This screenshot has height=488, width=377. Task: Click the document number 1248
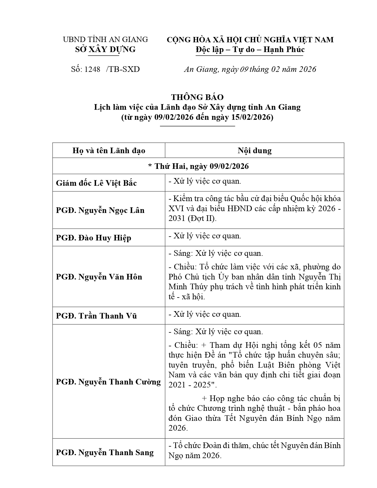tap(92, 69)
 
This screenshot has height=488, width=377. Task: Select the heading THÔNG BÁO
tap(197, 97)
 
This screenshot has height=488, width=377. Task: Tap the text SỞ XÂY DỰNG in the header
tap(105, 49)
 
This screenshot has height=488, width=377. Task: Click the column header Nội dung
tap(254, 151)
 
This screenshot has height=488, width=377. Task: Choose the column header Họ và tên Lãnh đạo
tap(109, 151)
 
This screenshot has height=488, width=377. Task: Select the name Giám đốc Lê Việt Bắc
tap(96, 183)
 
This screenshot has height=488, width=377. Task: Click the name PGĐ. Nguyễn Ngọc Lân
tap(100, 210)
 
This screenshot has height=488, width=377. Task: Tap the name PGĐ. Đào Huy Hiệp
tap(93, 237)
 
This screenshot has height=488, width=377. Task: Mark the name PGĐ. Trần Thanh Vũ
tap(96, 316)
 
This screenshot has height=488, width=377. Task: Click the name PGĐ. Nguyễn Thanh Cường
tap(109, 382)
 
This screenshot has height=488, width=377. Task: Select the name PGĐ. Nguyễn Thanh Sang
tap(105, 453)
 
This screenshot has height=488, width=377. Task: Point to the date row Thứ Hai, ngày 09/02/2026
tap(198, 166)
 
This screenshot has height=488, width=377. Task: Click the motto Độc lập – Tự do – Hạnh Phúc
tap(250, 49)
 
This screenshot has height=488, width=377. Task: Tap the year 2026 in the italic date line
tap(308, 69)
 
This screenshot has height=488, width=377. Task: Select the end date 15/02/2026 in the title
tap(251, 117)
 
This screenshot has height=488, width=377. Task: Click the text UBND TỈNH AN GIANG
tap(105, 39)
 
